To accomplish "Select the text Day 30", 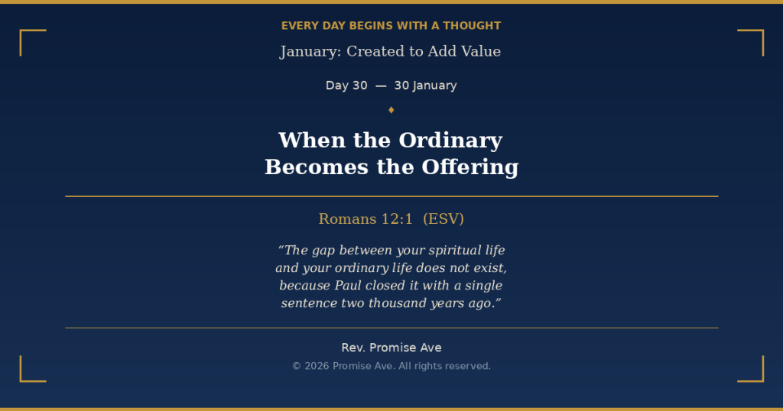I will (x=346, y=86).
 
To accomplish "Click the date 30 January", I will (x=425, y=86).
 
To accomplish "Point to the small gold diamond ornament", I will (x=391, y=110).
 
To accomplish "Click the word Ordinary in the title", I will (x=450, y=141).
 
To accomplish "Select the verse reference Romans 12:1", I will (x=366, y=219).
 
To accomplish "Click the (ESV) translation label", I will (x=443, y=219).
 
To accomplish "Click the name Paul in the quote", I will (x=348, y=286).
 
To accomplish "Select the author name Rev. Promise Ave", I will (x=391, y=348).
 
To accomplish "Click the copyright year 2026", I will (x=317, y=366).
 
